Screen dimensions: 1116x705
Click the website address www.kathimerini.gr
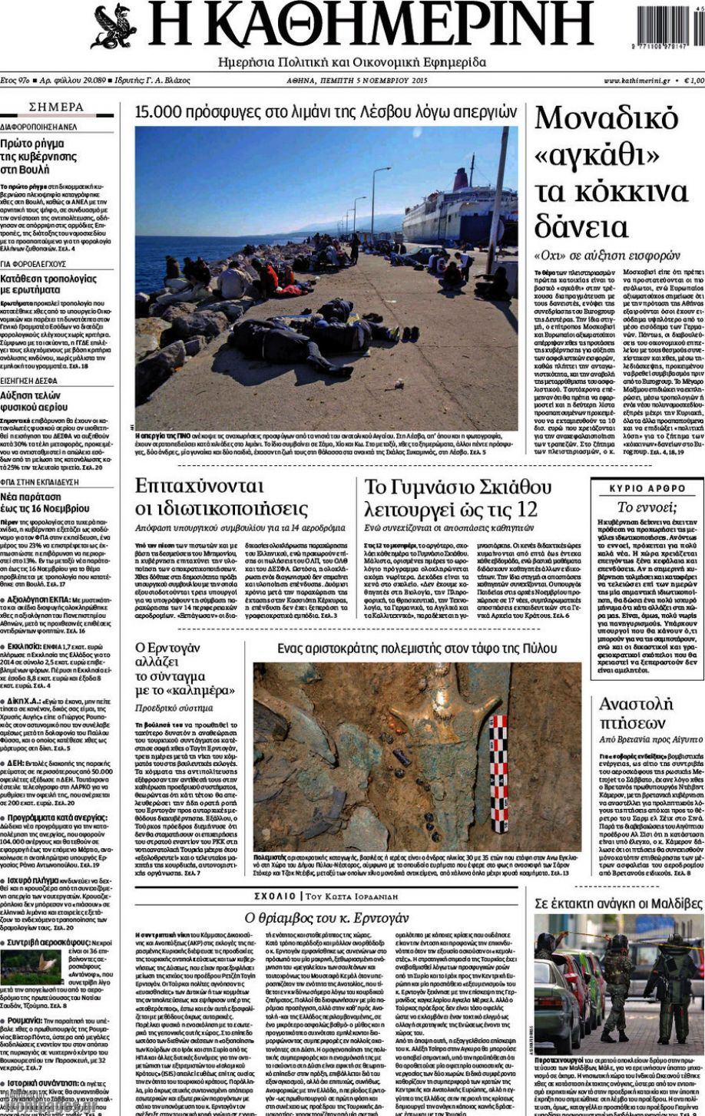pyautogui.click(x=636, y=81)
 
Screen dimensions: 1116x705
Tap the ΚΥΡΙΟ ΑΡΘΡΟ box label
pyautogui.click(x=647, y=488)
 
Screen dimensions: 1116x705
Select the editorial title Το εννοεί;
pyautogui.click(x=647, y=507)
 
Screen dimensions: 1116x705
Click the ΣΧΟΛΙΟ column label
pyautogui.click(x=275, y=896)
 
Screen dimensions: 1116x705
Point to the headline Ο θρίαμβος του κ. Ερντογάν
pyautogui.click(x=327, y=917)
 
